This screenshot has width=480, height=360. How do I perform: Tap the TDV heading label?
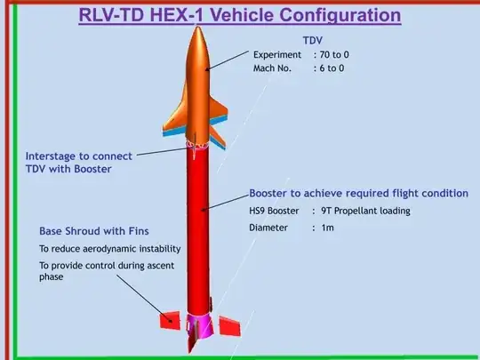tap(314, 41)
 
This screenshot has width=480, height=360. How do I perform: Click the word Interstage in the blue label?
tap(56, 156)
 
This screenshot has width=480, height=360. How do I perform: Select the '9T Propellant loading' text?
tap(367, 211)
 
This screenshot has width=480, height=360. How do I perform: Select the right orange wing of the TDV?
tap(221, 120)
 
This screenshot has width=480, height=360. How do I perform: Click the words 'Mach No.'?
tap(275, 68)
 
